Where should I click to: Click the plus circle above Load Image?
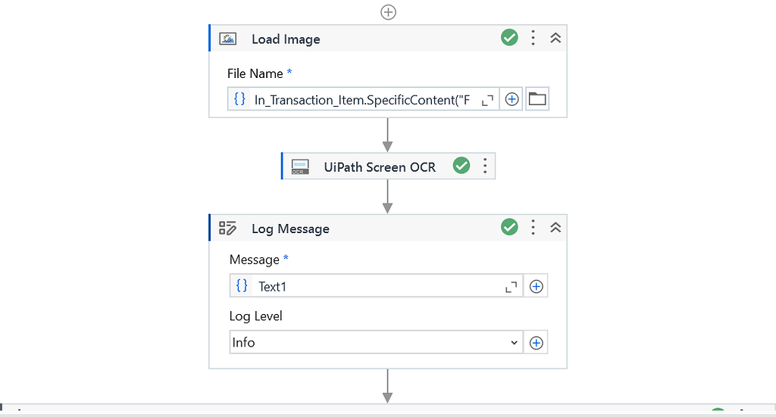388,12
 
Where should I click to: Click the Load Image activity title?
286,39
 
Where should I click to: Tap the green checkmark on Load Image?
510,37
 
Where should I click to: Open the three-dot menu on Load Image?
533,38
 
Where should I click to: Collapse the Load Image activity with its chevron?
555,38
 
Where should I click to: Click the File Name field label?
255,73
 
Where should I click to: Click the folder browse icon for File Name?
537,99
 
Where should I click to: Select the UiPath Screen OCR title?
380,166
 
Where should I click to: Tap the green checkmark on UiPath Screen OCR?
462,166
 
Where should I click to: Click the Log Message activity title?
290,229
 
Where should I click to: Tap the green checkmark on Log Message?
510,227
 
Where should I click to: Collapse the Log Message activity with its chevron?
555,227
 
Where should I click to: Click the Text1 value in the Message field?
273,286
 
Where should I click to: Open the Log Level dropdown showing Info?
376,342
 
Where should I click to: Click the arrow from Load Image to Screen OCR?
388,135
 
